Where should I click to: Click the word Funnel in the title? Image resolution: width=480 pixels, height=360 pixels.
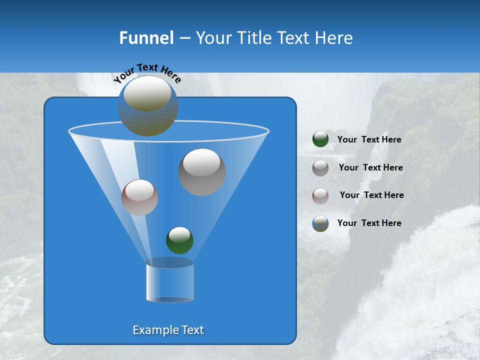pyautogui.click(x=146, y=37)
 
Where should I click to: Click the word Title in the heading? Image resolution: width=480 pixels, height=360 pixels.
pyautogui.click(x=254, y=37)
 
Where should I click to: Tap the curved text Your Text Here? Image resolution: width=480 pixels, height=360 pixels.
pyautogui.click(x=147, y=73)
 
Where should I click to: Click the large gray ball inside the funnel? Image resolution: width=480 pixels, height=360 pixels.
pyautogui.click(x=202, y=172)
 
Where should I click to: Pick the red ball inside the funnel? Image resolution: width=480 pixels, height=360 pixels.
pyautogui.click(x=140, y=198)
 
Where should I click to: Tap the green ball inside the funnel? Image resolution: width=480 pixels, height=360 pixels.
pyautogui.click(x=179, y=240)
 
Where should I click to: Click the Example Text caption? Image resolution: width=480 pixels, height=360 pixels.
pyautogui.click(x=168, y=330)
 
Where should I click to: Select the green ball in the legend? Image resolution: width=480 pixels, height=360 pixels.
pyautogui.click(x=320, y=139)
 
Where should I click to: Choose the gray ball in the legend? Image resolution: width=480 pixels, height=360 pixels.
pyautogui.click(x=320, y=167)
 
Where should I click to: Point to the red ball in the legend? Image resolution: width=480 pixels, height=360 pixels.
pyautogui.click(x=320, y=195)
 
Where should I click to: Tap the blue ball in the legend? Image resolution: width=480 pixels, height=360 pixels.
pyautogui.click(x=320, y=223)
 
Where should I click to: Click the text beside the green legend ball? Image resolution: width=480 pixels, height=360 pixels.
pyautogui.click(x=369, y=140)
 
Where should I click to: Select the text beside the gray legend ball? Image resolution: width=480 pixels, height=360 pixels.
pyautogui.click(x=370, y=168)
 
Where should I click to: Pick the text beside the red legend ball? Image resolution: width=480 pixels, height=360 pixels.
pyautogui.click(x=371, y=195)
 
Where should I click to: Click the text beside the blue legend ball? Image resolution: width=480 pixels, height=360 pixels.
pyautogui.click(x=369, y=223)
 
